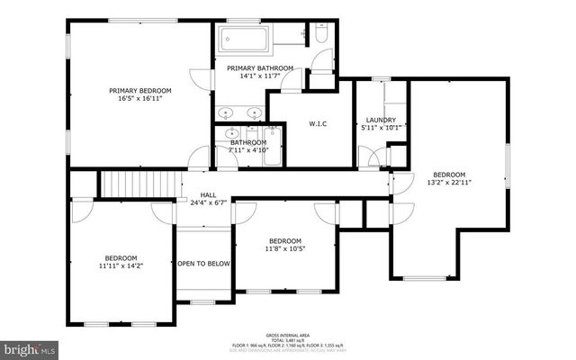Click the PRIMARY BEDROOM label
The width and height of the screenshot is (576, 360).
coord(140,90)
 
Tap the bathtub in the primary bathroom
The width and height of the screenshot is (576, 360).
coord(243,40)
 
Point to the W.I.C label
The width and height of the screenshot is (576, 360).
coord(317,123)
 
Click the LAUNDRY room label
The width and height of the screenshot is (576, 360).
coord(381,120)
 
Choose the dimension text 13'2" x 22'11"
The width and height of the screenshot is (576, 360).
coord(449,183)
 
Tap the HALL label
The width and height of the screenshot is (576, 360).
coord(208,194)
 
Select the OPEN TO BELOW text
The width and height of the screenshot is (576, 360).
coord(204,264)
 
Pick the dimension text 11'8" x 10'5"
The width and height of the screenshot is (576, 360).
coord(284,249)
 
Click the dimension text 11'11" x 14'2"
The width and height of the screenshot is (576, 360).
coord(121,265)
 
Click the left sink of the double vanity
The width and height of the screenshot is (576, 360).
coord(225,113)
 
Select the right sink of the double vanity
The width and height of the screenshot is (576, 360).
coord(255,113)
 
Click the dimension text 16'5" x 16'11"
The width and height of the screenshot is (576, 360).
coord(140,99)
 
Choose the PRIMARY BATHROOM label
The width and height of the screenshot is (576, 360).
coord(260,68)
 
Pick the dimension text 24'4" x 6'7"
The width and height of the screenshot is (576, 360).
coord(208,203)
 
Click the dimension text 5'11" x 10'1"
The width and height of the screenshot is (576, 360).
coord(381,128)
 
